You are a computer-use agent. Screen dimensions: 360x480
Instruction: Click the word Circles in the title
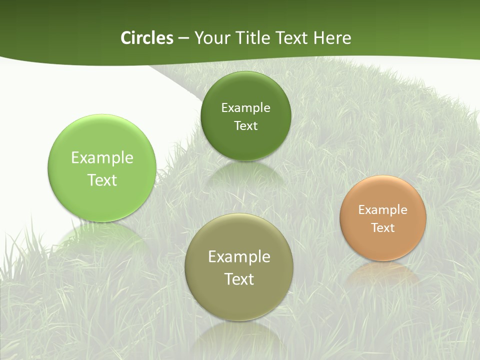pyautogui.click(x=146, y=38)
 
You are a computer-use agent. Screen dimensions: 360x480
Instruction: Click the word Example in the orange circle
pyautogui.click(x=383, y=209)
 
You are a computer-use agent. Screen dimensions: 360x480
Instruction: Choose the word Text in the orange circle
pyautogui.click(x=383, y=227)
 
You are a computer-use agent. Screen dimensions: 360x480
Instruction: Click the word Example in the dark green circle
pyautogui.click(x=245, y=107)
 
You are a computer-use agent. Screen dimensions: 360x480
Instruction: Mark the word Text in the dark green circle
pyautogui.click(x=245, y=125)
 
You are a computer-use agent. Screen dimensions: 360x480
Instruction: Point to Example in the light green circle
pyautogui.click(x=102, y=157)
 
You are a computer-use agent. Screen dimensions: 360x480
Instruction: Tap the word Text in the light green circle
pyautogui.click(x=102, y=180)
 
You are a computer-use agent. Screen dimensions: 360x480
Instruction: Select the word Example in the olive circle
pyautogui.click(x=239, y=256)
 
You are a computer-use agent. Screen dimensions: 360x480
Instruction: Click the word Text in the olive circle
pyautogui.click(x=239, y=278)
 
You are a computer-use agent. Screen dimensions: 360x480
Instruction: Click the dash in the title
pyautogui.click(x=183, y=38)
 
